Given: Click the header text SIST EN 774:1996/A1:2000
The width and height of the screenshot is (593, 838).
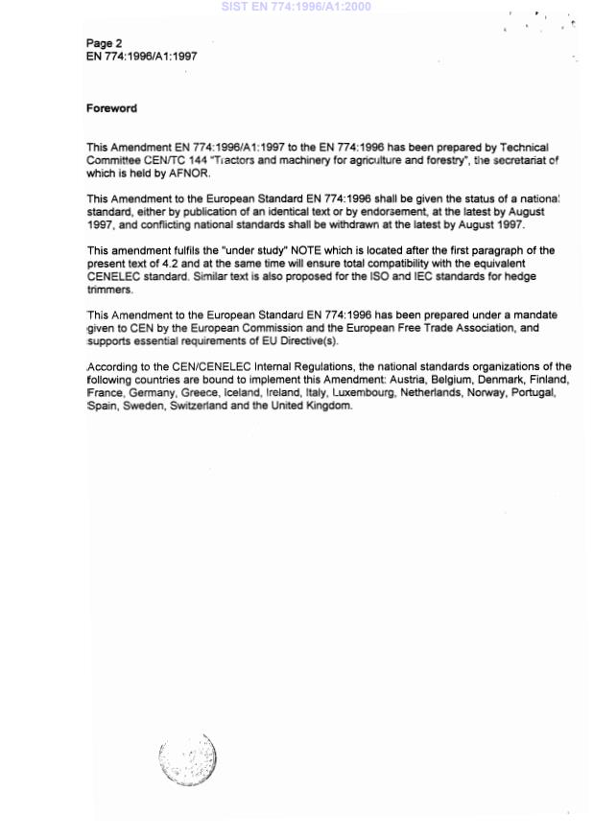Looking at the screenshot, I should click(296, 7).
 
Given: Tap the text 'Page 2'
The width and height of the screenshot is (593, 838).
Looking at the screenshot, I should click(104, 43).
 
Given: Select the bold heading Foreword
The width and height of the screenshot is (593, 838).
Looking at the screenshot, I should click(111, 108).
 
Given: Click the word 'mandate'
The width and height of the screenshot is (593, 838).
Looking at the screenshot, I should click(533, 315).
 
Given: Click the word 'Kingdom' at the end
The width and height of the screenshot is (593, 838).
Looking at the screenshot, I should click(327, 407).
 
